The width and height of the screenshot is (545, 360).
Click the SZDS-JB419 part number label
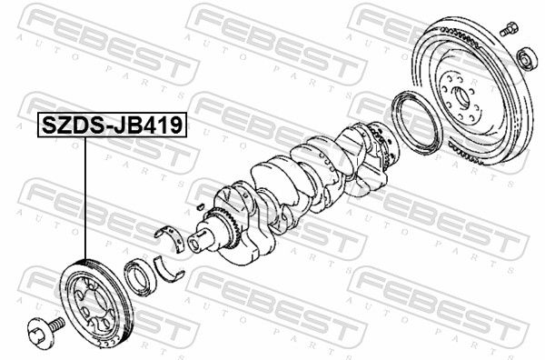click(x=112, y=125)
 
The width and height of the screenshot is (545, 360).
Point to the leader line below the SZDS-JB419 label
click(x=84, y=198)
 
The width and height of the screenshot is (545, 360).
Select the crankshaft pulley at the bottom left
click(x=96, y=302)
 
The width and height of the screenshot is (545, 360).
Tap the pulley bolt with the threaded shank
click(x=46, y=330)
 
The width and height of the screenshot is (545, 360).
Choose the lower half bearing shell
click(x=169, y=269)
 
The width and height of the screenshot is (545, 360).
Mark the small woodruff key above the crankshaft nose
click(x=200, y=206)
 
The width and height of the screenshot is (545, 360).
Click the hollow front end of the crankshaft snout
click(x=193, y=244)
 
